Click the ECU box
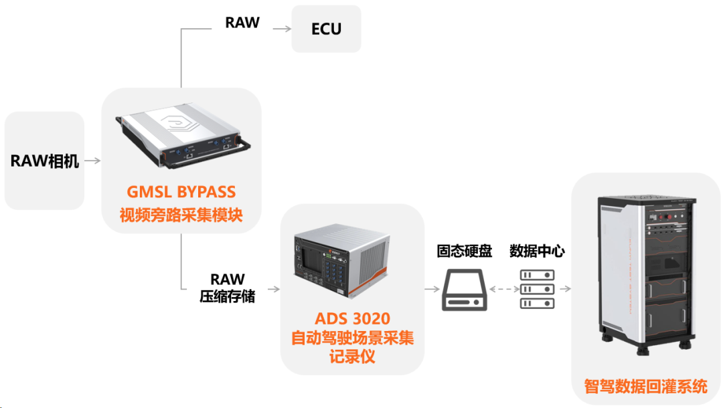326,29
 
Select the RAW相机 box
45,161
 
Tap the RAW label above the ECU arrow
242,23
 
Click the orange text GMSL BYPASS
181,192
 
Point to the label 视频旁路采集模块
181,215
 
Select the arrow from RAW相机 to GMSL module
93,161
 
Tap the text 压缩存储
228,297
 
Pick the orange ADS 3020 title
351,317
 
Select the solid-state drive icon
463,290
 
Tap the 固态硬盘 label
464,251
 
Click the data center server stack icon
538,289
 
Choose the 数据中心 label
537,251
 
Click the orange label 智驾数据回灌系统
645,387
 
